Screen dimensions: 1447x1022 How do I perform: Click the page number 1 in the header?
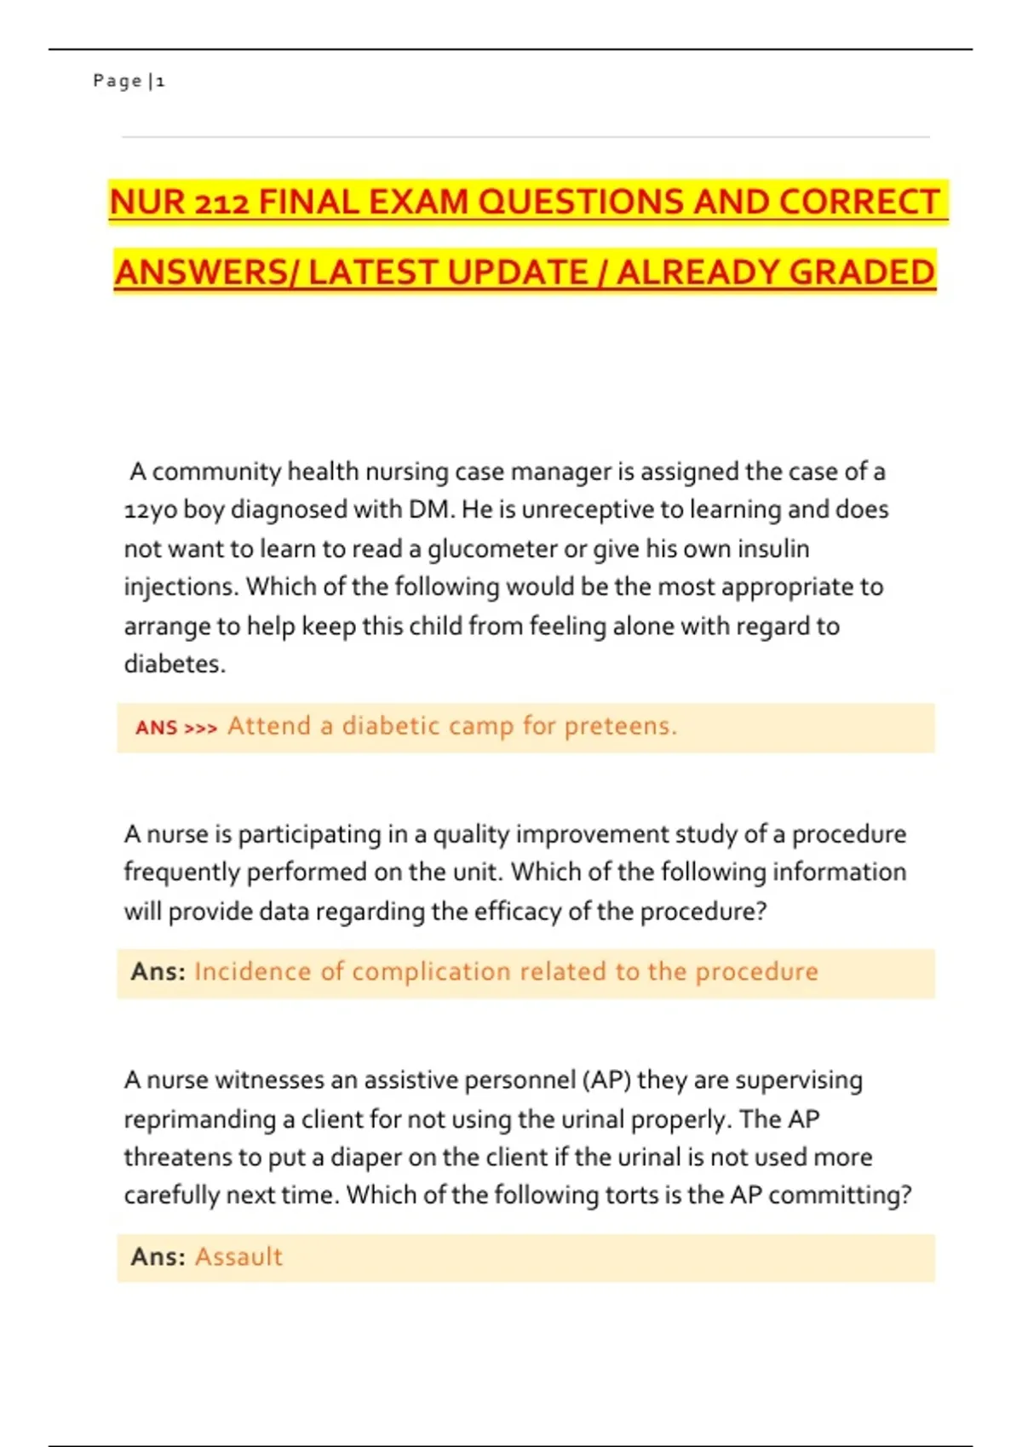[x=160, y=82]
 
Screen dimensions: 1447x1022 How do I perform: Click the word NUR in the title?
[x=147, y=203]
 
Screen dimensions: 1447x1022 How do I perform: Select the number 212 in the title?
[x=221, y=203]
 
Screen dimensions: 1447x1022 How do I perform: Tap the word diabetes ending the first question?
[x=174, y=664]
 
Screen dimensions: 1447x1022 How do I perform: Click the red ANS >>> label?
[x=176, y=728]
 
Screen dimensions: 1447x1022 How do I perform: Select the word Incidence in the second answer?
[x=252, y=972]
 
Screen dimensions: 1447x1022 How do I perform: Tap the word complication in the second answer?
[x=431, y=972]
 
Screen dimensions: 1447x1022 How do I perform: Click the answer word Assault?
[x=238, y=1257]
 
